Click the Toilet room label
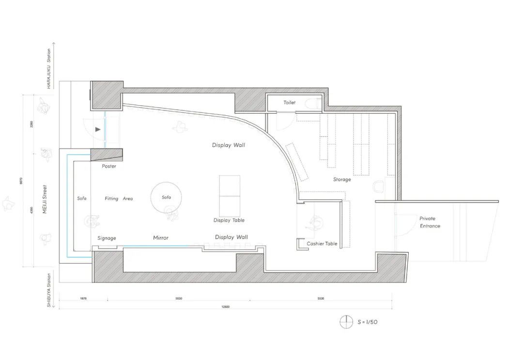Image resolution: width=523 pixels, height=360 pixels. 290,103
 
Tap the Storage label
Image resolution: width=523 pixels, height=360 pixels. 342,179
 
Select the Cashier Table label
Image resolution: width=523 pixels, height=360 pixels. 322,244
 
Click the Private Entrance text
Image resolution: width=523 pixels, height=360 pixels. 430,222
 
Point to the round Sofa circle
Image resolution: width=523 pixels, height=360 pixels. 166,197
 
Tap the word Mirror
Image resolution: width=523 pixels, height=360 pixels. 161,238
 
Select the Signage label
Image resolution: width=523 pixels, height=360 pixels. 107,238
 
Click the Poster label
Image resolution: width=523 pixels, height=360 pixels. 109,166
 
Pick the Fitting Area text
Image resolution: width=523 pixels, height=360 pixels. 119,199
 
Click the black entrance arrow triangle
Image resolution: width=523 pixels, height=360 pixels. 98,129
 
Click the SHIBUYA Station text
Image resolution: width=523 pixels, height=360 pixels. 49,291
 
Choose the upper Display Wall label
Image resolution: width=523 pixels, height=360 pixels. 229,145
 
